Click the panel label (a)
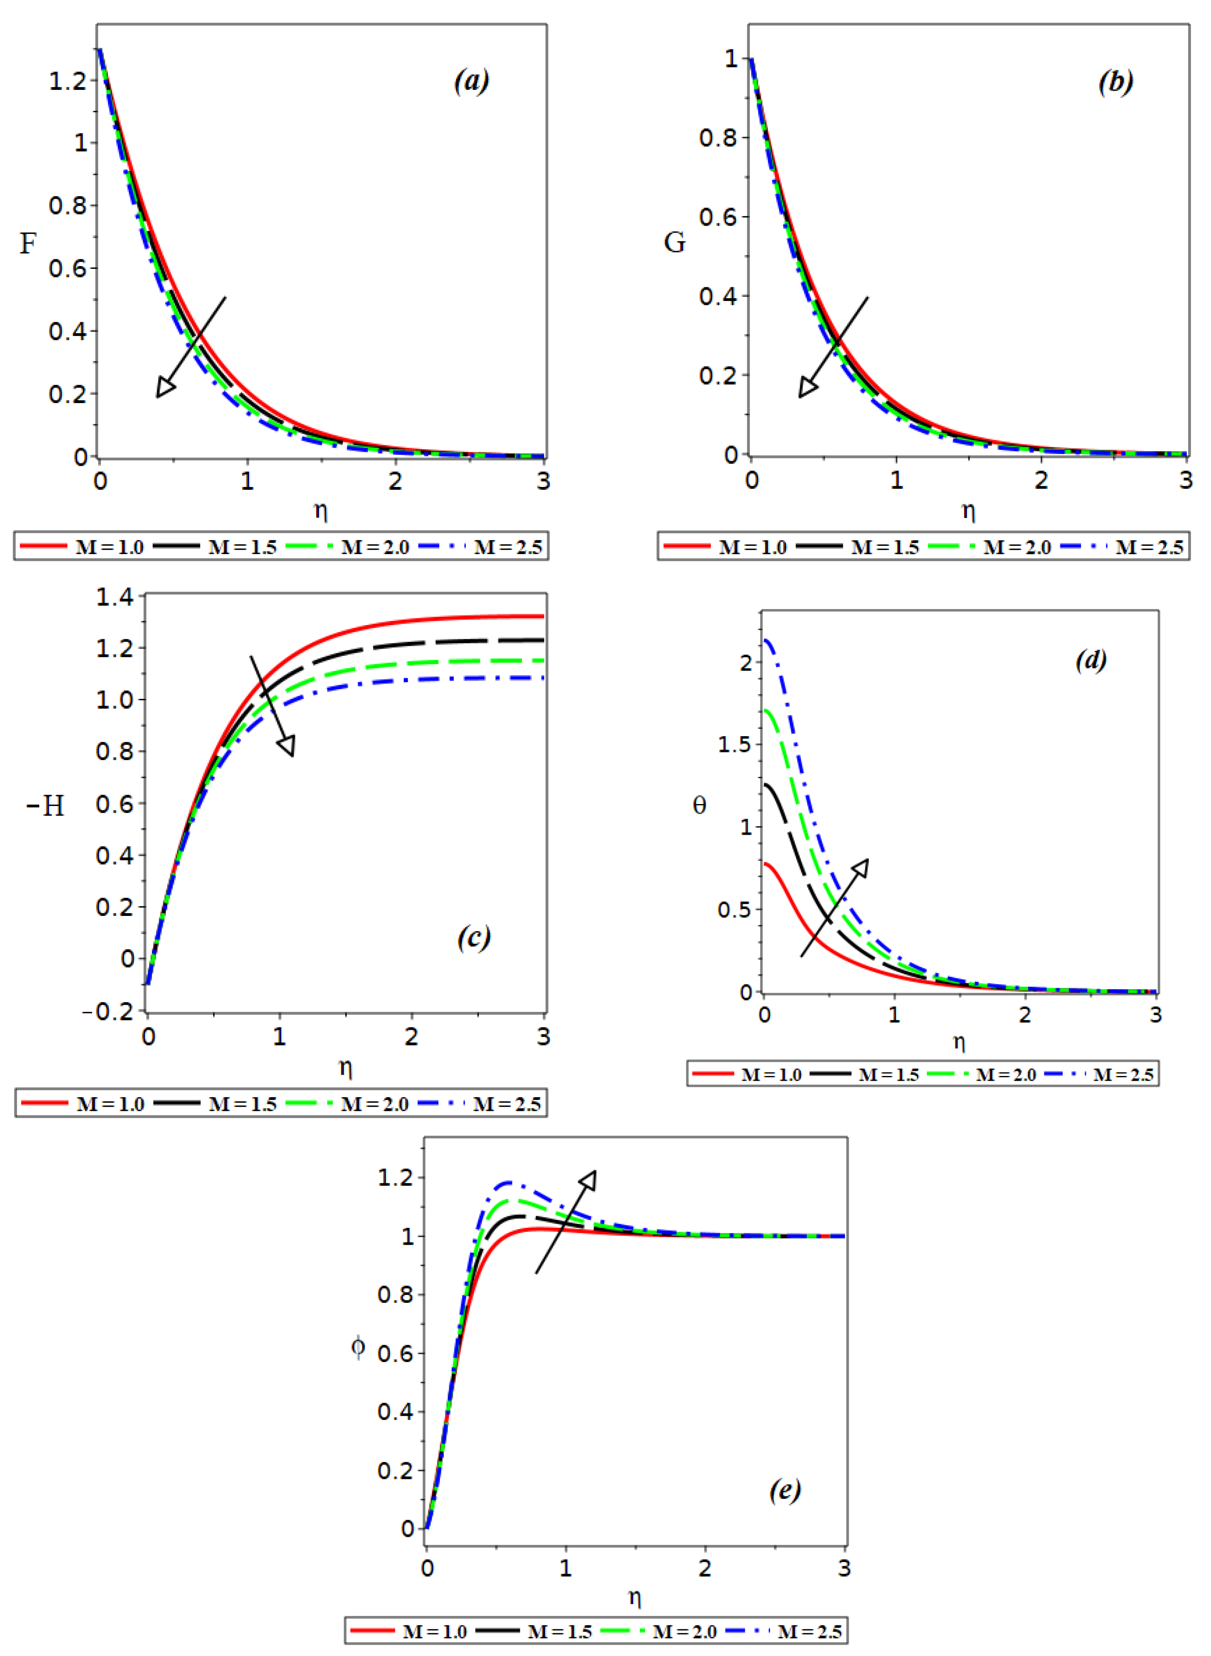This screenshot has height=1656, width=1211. (471, 80)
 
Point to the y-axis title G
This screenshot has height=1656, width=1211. (675, 242)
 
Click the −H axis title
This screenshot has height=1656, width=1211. (46, 806)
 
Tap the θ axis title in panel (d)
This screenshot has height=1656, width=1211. (699, 806)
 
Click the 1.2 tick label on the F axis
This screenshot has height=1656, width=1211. (67, 80)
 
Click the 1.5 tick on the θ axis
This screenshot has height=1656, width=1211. (735, 745)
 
